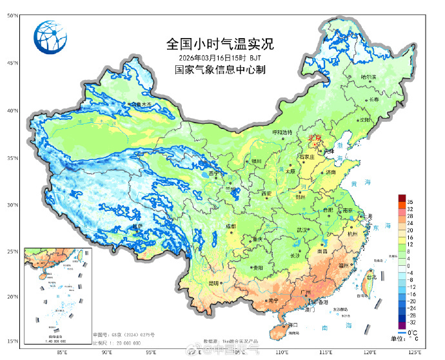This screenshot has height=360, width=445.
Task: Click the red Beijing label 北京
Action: point(315,137)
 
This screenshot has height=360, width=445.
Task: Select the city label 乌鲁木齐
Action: point(142,104)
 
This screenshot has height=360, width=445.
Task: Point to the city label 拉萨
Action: point(137,226)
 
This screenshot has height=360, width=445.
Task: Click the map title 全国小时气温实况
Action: point(220,45)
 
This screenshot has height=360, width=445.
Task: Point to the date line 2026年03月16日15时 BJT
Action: point(220,57)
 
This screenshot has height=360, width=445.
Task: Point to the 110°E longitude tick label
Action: point(282,353)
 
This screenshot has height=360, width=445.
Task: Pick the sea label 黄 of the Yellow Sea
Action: point(352,185)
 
